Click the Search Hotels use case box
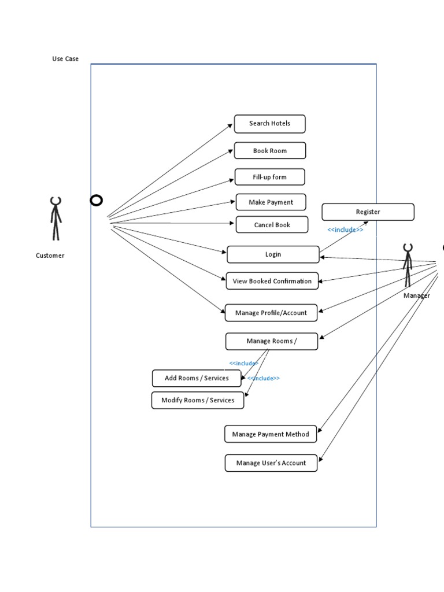[x=269, y=124]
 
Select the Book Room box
[x=269, y=151]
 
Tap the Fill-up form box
[x=269, y=177]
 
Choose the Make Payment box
[x=271, y=202]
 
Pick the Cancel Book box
[x=272, y=225]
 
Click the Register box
[x=368, y=212]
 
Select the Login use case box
[x=273, y=254]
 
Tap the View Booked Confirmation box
[x=272, y=282]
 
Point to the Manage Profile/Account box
[x=271, y=313]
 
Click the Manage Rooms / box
[x=271, y=341]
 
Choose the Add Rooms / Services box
[x=197, y=378]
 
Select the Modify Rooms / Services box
[x=198, y=400]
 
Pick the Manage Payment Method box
[x=271, y=434]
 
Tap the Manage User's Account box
[x=271, y=463]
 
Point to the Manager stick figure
[x=408, y=265]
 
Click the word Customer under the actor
[x=50, y=256]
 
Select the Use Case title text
[x=65, y=59]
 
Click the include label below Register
[x=345, y=230]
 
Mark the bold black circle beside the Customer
[x=96, y=201]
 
